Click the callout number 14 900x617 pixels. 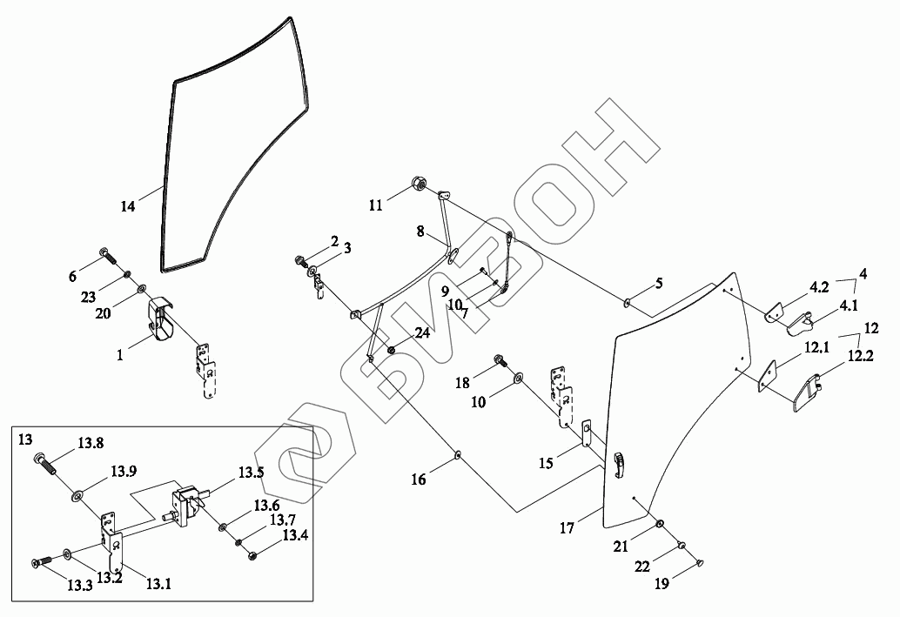point(128,207)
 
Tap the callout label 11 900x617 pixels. point(375,205)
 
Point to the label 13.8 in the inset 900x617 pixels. point(90,443)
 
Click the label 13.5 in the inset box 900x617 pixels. point(252,473)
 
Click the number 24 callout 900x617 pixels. point(422,332)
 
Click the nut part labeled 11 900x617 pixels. point(418,184)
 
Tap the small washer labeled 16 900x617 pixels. point(458,455)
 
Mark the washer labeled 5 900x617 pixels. point(627,303)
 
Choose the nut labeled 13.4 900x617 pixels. point(252,554)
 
